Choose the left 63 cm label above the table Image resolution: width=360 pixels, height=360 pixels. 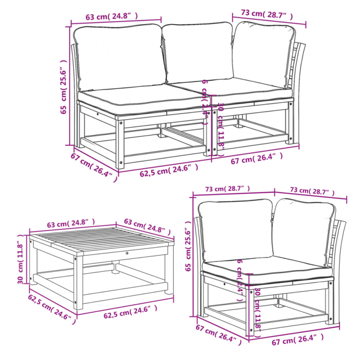[71, 224]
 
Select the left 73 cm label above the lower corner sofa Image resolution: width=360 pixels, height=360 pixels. [233, 189]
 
